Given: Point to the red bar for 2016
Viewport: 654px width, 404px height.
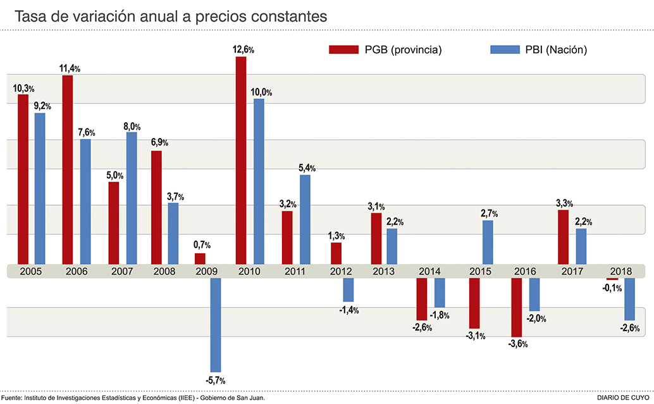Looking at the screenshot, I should (517, 307).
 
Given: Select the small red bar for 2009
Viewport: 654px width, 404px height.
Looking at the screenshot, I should (200, 258).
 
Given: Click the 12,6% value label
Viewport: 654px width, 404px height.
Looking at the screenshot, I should (244, 49).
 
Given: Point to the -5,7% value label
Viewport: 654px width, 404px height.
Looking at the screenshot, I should (215, 380).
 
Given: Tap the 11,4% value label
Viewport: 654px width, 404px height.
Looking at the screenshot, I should (70, 68).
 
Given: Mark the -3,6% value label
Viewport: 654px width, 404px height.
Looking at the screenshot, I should (517, 344).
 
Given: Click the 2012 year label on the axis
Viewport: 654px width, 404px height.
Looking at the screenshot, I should (342, 271).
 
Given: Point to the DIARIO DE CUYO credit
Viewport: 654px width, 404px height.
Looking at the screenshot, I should (623, 398).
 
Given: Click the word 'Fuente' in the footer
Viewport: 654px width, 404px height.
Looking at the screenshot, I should (12, 398).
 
